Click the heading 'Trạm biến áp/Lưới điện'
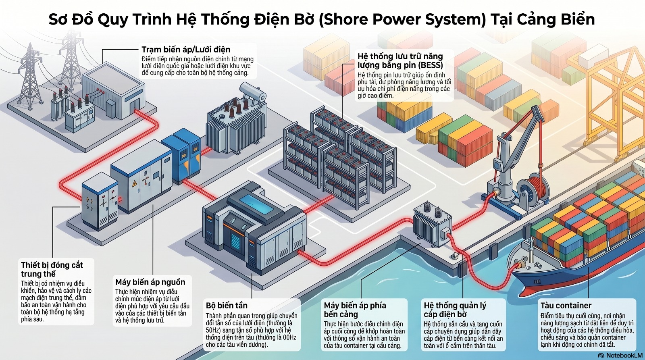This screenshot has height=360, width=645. click(x=186, y=50)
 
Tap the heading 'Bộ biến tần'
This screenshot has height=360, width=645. click(x=227, y=306)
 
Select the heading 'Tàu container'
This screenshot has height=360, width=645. click(x=566, y=306)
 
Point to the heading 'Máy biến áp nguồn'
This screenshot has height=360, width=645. click(x=150, y=282)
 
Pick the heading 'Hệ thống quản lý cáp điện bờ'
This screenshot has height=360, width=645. click(x=455, y=310)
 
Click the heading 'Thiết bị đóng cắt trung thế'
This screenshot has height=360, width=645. click(x=52, y=269)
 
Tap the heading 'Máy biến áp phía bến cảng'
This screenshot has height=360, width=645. click(x=355, y=310)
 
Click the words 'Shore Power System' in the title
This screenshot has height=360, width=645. click(x=402, y=19)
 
